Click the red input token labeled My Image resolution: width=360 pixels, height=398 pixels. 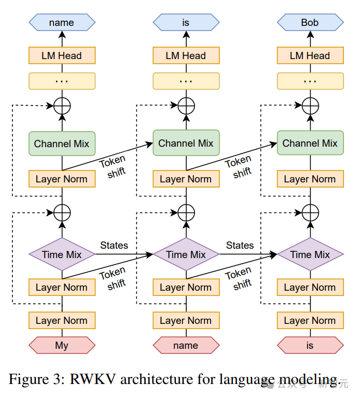point(62,345)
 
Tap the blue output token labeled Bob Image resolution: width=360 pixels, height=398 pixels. point(310,22)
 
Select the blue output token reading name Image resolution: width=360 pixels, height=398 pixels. point(62,22)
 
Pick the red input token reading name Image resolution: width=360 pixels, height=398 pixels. point(186,345)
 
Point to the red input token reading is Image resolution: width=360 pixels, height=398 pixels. point(310,345)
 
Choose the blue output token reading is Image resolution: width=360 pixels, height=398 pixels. point(186,22)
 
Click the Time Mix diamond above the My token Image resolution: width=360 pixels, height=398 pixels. point(62,254)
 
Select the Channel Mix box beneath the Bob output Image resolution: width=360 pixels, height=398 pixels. point(310,143)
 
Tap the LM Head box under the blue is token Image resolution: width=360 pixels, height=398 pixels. point(186,55)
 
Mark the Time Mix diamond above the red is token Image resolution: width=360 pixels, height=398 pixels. point(310,254)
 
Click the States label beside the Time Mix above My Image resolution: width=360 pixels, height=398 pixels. point(114,245)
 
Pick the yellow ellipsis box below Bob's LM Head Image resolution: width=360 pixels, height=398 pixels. point(310,81)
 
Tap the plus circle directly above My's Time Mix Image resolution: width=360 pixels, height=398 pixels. point(62,212)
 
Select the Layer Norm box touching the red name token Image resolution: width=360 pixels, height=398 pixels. point(186,321)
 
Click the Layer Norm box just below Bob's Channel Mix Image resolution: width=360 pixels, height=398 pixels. point(310,179)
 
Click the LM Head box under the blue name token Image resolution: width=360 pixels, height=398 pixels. point(62,55)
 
